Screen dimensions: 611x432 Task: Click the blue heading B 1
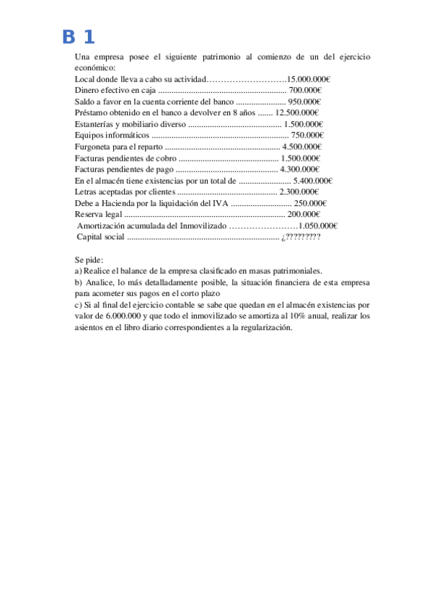click(x=78, y=37)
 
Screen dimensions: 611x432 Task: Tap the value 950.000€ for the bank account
click(x=304, y=102)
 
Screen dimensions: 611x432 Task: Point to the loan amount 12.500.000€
click(x=297, y=112)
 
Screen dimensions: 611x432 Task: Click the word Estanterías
click(x=94, y=124)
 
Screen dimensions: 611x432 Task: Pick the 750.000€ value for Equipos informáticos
click(x=307, y=135)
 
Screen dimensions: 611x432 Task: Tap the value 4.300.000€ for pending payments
click(x=299, y=169)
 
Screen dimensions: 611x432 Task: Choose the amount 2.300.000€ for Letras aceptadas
click(x=299, y=192)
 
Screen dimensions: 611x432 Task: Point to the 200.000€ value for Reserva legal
click(x=304, y=215)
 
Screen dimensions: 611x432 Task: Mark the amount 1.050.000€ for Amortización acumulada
click(x=317, y=226)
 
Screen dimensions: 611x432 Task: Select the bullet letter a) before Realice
click(x=79, y=271)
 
